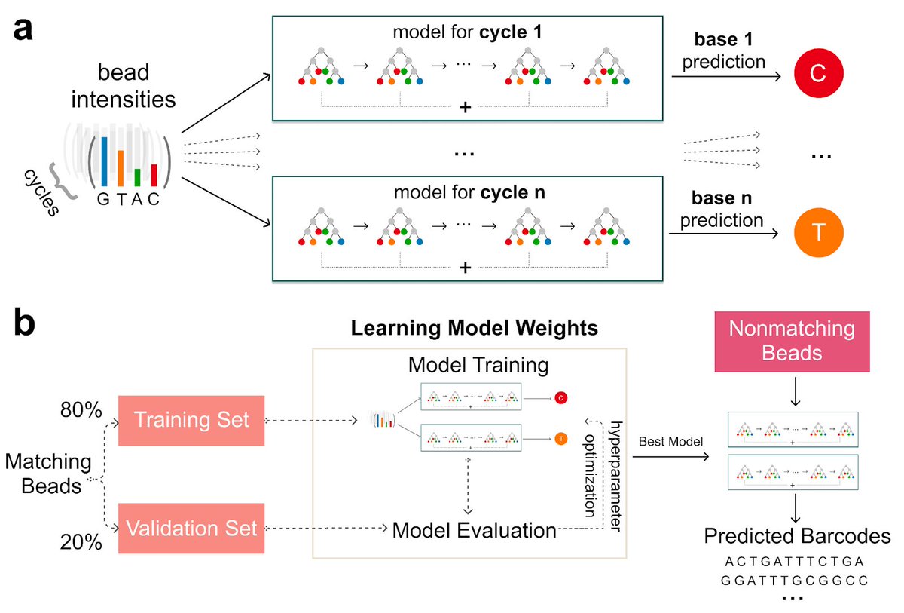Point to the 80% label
coord(81,411)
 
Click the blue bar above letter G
coord(105,161)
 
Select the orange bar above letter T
coord(121,168)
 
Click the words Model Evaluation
coord(474,529)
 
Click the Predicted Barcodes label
coord(797,536)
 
